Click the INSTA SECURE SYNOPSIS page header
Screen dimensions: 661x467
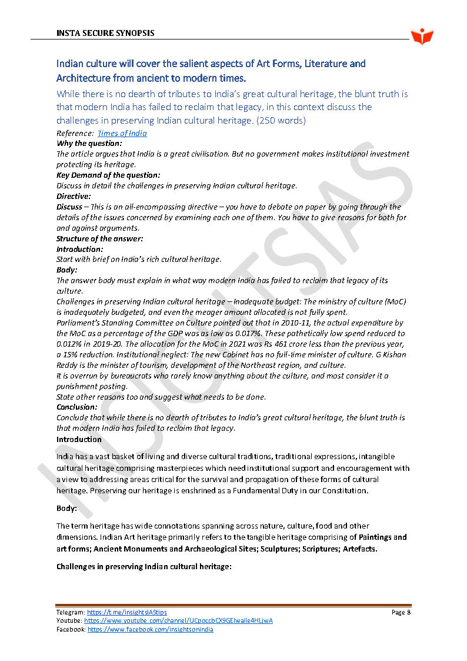[105, 33]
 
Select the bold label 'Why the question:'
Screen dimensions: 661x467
[89, 143]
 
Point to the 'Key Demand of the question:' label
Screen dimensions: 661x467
[108, 175]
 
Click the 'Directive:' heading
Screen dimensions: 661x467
[74, 196]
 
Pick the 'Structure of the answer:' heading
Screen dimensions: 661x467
[99, 238]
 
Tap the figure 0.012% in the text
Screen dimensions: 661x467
[68, 344]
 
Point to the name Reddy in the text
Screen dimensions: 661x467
[68, 366]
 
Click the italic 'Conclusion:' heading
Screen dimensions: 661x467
[77, 407]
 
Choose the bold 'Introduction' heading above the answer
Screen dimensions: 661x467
[79, 440]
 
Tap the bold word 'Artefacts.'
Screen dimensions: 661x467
[360, 549]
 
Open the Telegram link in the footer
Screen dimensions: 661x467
[126, 613]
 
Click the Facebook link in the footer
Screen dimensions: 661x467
[150, 629]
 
